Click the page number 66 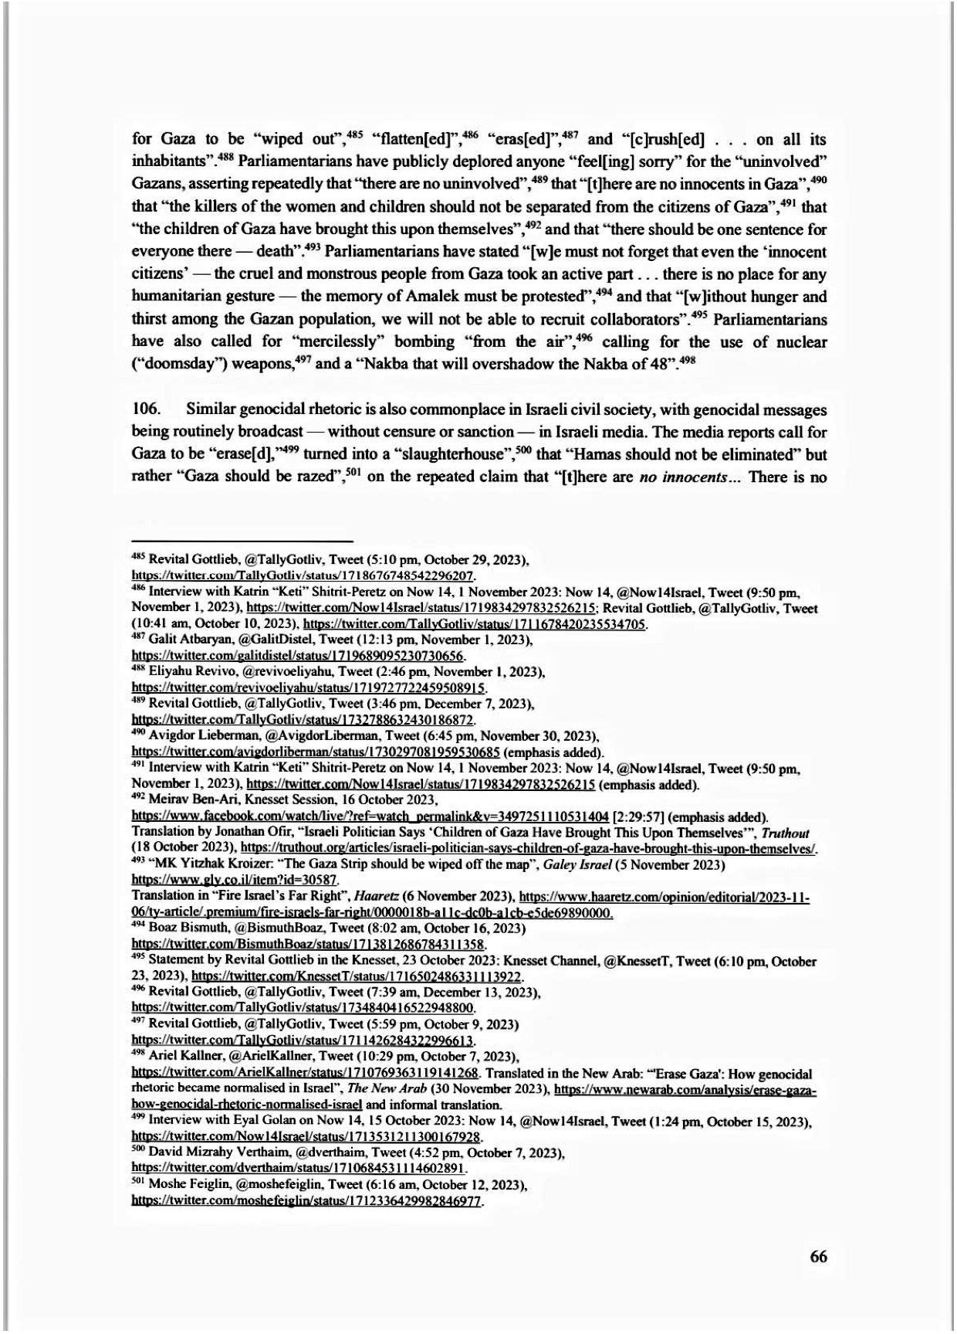coord(818,1256)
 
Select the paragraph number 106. coord(146,409)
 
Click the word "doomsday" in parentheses coord(185,364)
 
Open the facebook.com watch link coord(370,816)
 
